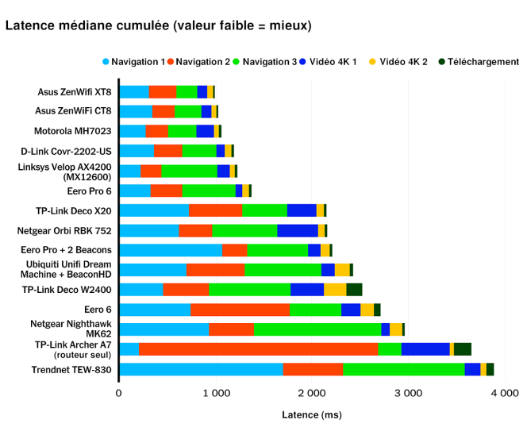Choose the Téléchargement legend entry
pyautogui.click(x=477, y=61)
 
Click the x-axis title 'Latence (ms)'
pyautogui.click(x=311, y=415)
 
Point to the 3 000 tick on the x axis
pyautogui.click(x=408, y=392)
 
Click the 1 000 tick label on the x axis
pyautogui.click(x=215, y=392)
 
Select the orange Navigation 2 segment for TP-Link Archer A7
pyautogui.click(x=258, y=349)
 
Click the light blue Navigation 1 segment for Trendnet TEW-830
pyautogui.click(x=201, y=369)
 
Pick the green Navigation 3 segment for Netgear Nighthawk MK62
pyautogui.click(x=317, y=329)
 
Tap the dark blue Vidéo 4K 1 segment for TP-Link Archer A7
pyautogui.click(x=425, y=349)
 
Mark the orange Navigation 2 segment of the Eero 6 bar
pyautogui.click(x=240, y=310)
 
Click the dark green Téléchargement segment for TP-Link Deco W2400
pyautogui.click(x=354, y=290)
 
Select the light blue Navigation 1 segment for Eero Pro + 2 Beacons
pyautogui.click(x=170, y=250)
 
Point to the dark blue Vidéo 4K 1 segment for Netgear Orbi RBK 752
pyautogui.click(x=298, y=230)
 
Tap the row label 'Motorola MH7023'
pyautogui.click(x=72, y=131)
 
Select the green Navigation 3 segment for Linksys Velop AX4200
pyautogui.click(x=189, y=171)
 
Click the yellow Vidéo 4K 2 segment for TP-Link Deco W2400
pyautogui.click(x=335, y=290)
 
